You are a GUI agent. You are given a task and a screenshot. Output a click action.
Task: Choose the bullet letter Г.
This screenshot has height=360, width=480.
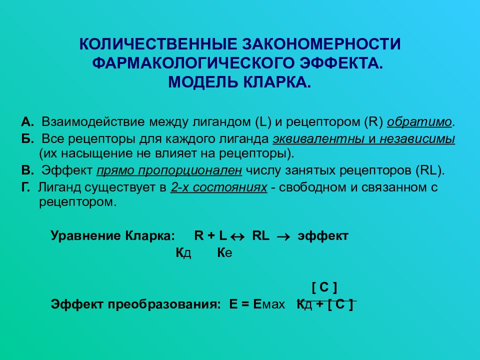pos(26,187)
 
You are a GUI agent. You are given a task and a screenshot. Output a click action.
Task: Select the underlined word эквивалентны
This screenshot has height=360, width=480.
pos(310,138)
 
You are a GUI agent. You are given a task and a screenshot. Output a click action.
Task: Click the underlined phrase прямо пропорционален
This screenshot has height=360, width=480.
pos(169,170)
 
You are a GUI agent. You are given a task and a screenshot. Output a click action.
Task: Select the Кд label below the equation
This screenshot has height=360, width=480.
pos(183,253)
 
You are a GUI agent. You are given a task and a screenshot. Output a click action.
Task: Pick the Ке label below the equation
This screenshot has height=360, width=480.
pos(224,253)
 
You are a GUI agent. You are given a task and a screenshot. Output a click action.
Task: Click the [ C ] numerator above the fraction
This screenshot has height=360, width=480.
pos(324,287)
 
